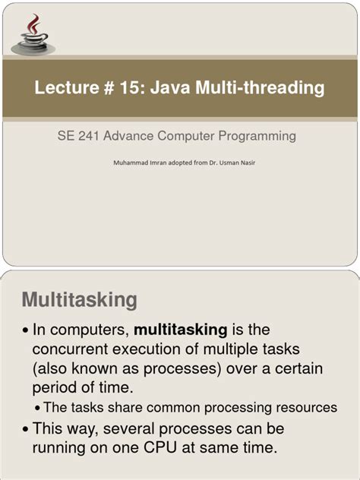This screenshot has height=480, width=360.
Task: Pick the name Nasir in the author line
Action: point(245,162)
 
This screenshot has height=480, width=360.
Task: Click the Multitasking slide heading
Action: point(80,299)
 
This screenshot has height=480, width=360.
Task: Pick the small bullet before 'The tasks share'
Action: point(38,409)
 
